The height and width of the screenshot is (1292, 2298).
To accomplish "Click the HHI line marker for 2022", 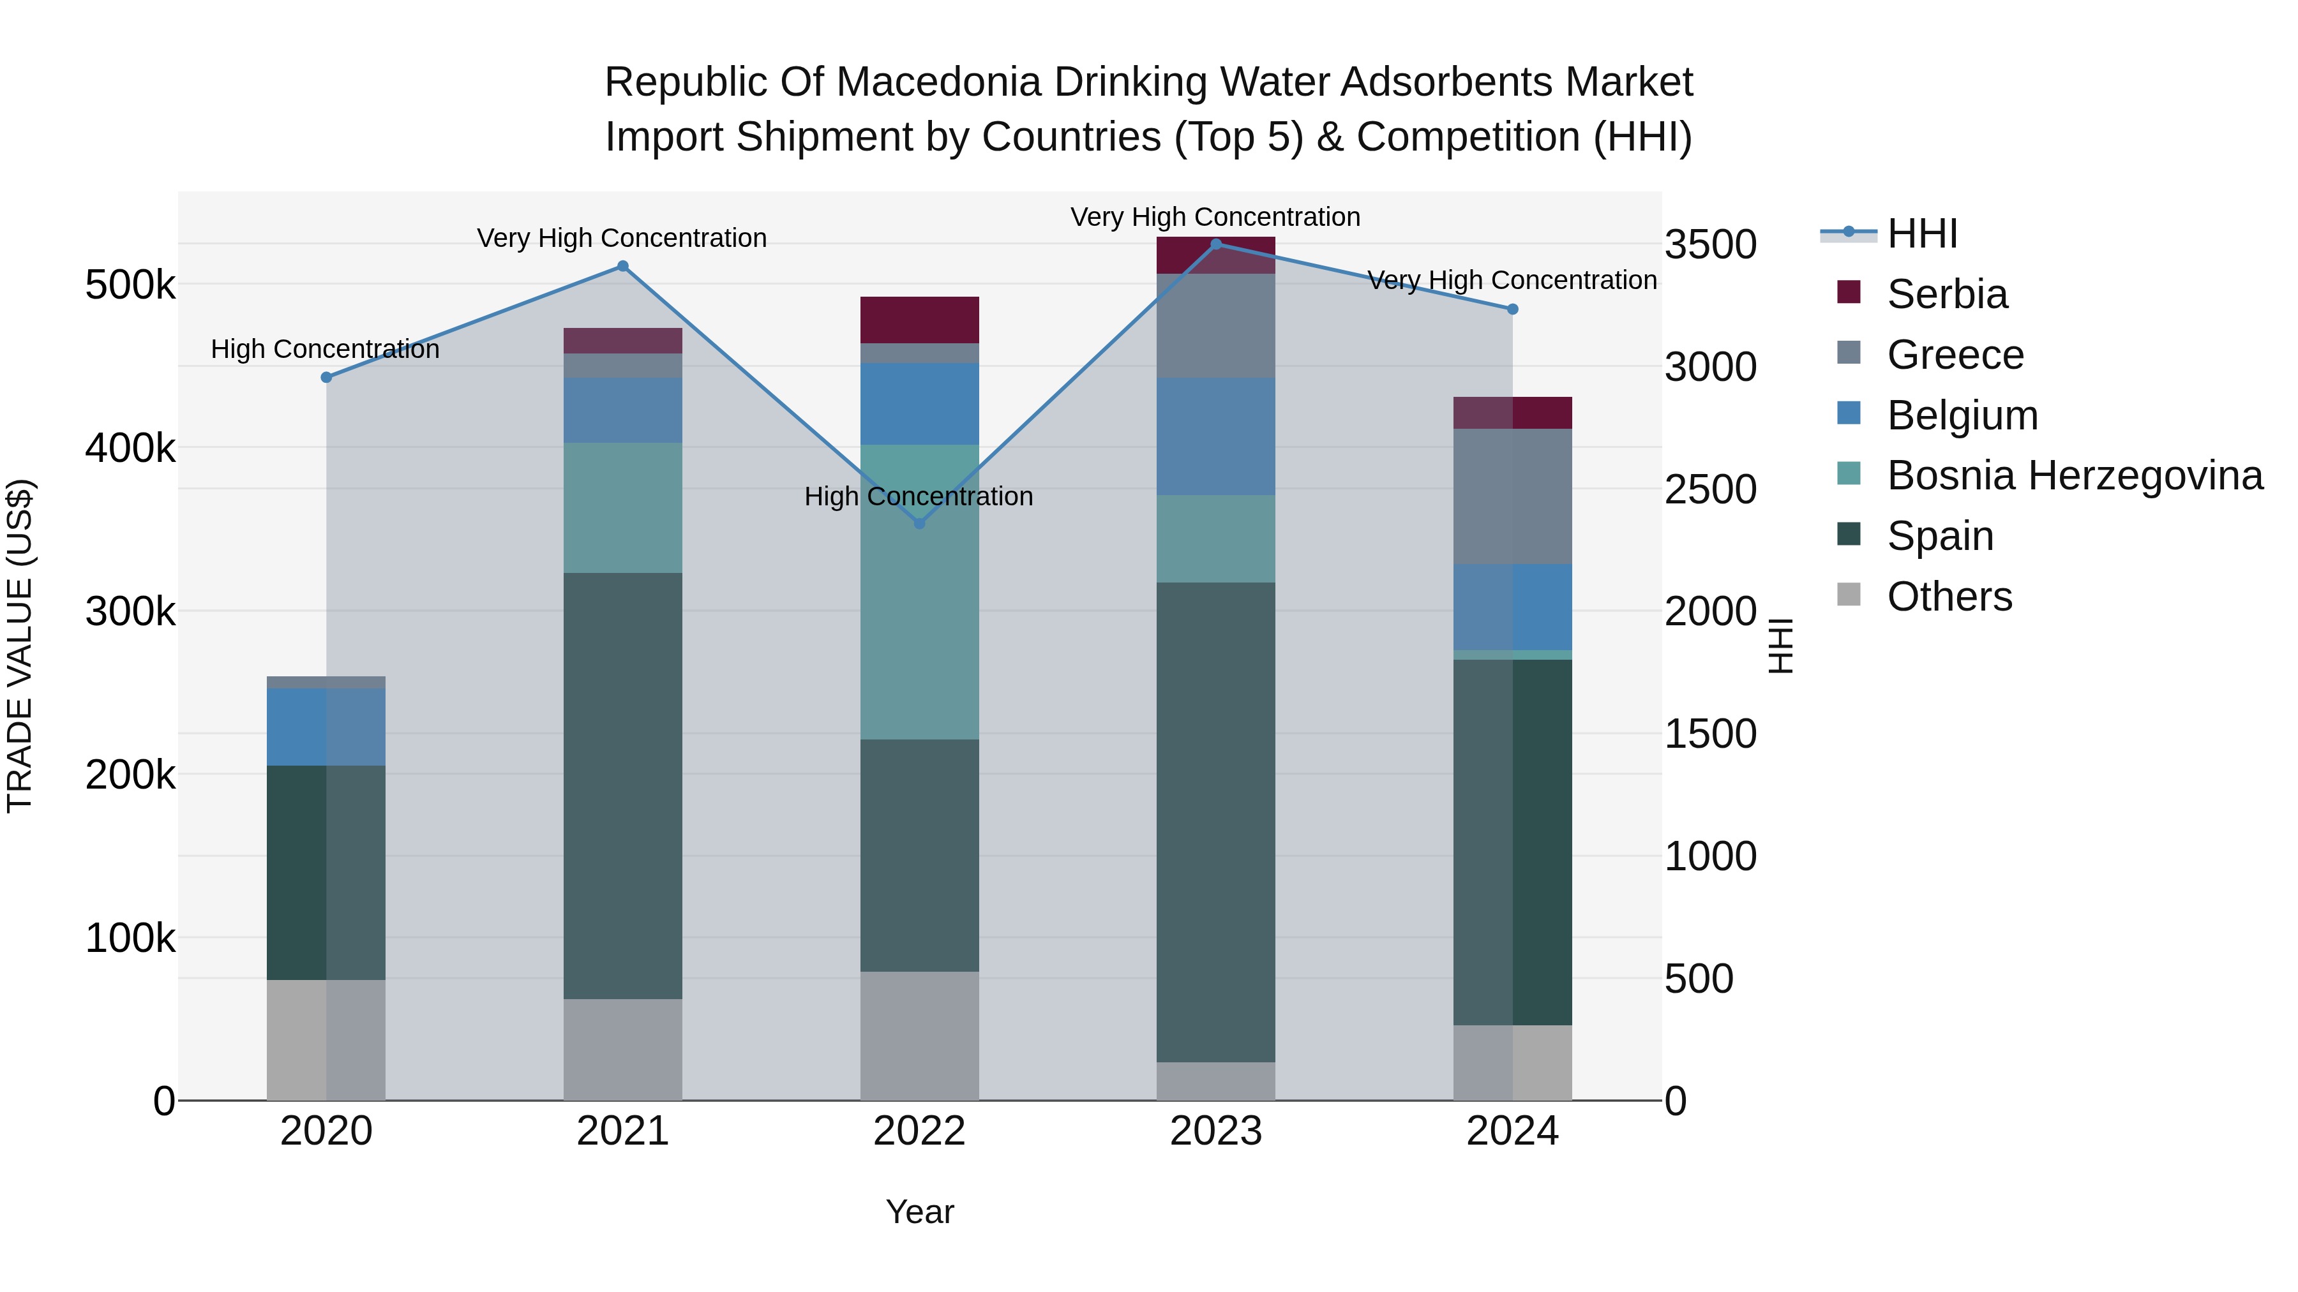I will point(920,523).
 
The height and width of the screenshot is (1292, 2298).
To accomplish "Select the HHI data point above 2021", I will point(622,265).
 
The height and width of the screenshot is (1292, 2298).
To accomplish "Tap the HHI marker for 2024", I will point(1512,309).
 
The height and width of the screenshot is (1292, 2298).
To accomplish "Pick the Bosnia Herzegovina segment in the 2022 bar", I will point(920,592).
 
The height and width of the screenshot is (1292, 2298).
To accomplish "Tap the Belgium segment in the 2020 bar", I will point(326,727).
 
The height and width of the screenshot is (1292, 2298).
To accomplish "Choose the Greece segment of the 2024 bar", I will point(1512,496).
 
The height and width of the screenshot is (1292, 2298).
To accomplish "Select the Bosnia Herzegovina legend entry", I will point(2074,476).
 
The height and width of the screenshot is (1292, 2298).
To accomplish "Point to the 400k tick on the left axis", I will point(130,449).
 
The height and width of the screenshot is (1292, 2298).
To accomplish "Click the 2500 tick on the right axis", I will point(1710,489).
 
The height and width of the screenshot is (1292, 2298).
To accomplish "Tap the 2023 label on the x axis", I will point(1216,1131).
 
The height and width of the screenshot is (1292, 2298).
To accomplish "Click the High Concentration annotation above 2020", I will point(326,350).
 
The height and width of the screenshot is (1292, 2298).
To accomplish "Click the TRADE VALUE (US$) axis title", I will point(20,646).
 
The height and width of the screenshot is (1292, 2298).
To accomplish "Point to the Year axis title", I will point(920,1212).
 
